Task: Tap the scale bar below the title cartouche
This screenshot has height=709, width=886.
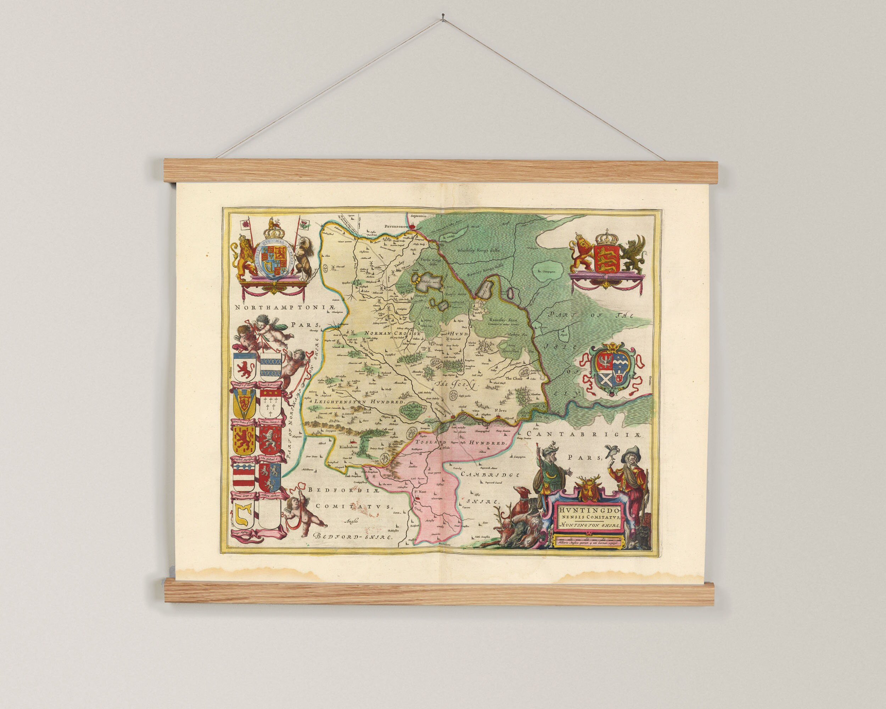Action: coord(588,539)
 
